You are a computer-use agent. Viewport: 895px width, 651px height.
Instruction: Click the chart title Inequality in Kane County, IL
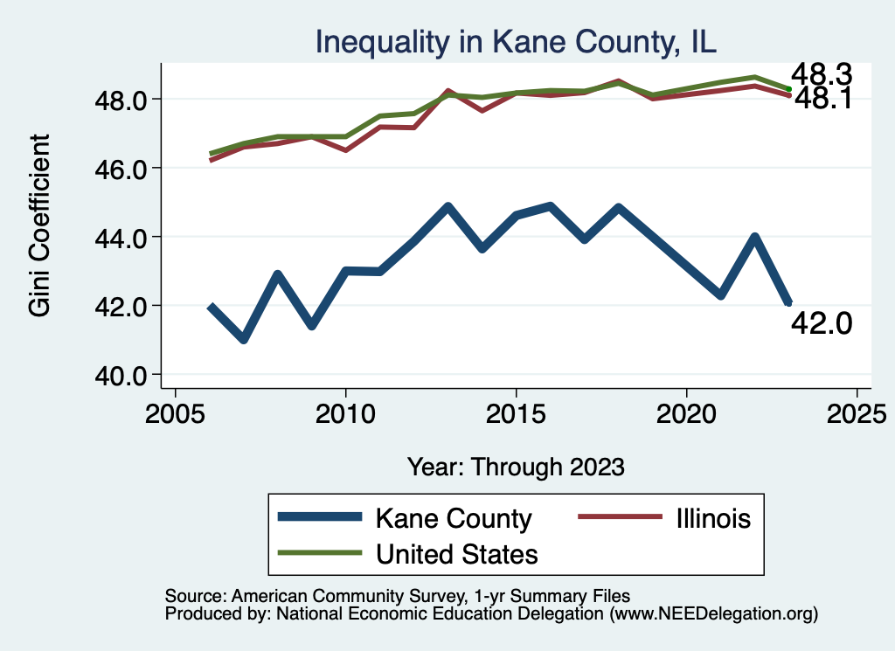pyautogui.click(x=516, y=43)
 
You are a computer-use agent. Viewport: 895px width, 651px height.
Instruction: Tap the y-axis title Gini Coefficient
pyautogui.click(x=40, y=225)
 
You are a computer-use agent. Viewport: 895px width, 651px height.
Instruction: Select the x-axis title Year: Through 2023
pyautogui.click(x=516, y=467)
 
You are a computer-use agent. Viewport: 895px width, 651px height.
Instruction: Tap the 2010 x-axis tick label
pyautogui.click(x=345, y=412)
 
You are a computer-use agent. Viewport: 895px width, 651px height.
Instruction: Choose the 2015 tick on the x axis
pyautogui.click(x=516, y=412)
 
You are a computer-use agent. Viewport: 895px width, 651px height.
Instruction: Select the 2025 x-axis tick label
pyautogui.click(x=857, y=412)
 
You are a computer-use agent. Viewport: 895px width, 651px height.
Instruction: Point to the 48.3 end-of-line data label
pyautogui.click(x=821, y=75)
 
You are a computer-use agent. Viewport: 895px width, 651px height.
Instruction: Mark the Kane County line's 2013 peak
pyautogui.click(x=447, y=207)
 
